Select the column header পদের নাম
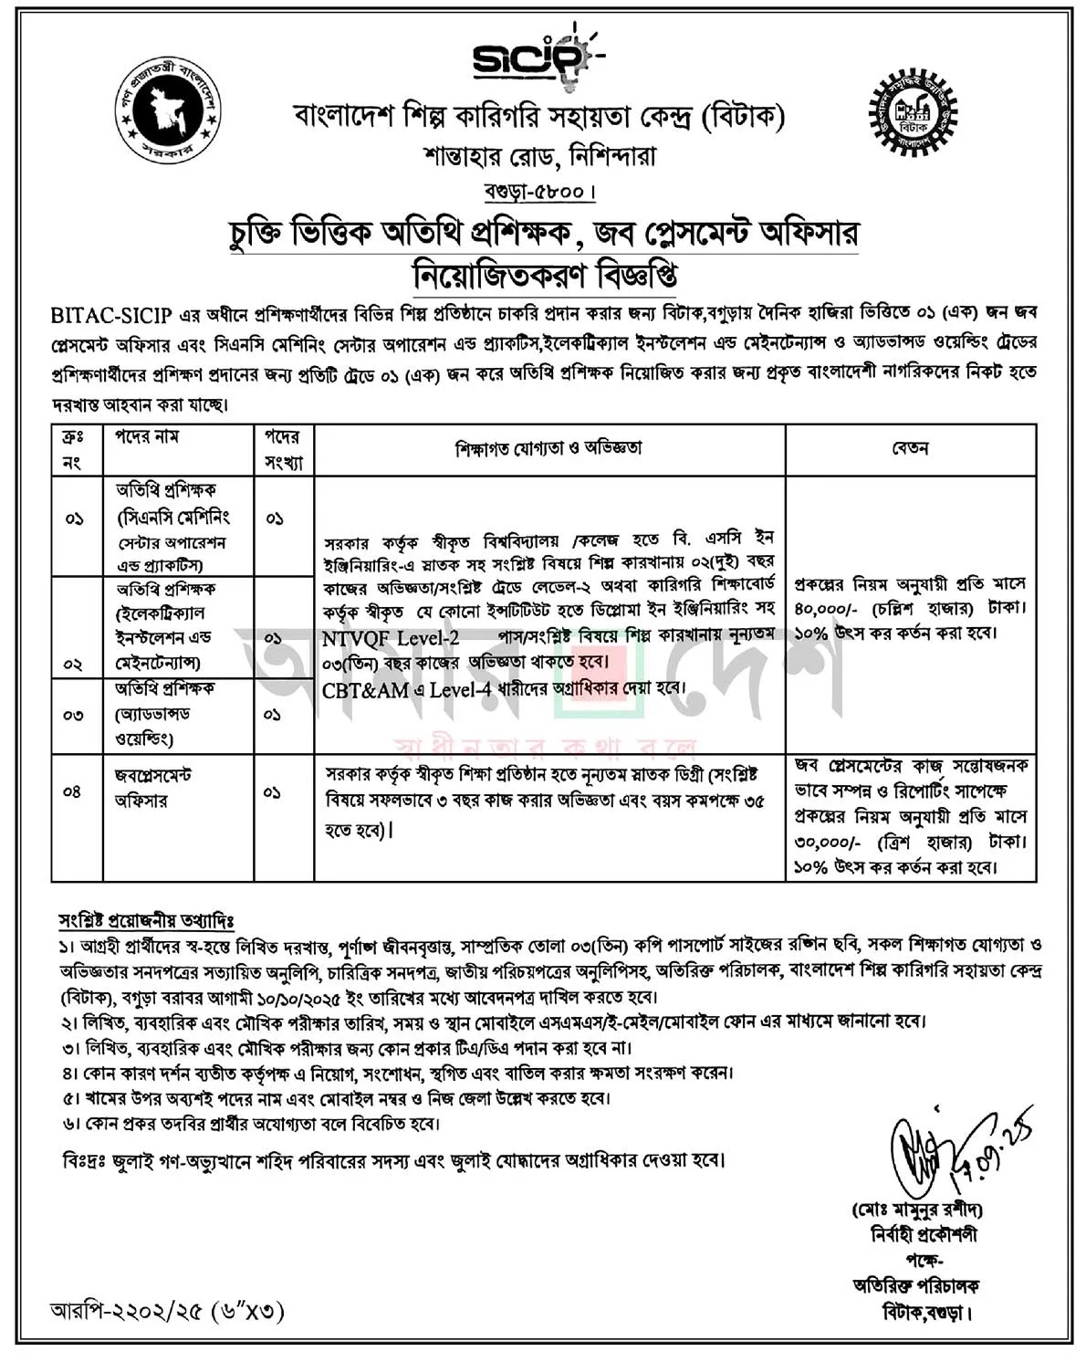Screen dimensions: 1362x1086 (x=147, y=438)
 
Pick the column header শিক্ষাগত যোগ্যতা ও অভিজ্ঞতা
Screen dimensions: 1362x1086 (x=548, y=448)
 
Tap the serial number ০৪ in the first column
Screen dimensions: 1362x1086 (x=73, y=791)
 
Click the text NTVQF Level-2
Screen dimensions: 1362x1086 (x=391, y=637)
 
